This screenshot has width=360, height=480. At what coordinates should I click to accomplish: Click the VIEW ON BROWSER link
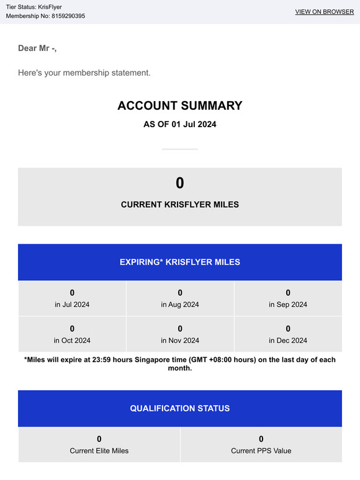(325, 12)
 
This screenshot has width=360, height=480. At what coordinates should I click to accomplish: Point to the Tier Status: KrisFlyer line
(34, 7)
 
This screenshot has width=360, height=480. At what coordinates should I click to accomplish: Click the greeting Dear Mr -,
(37, 48)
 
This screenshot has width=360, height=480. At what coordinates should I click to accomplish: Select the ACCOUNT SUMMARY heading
(180, 106)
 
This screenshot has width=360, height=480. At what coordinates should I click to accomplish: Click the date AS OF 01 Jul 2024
(180, 124)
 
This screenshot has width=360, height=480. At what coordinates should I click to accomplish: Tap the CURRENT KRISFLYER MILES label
(180, 205)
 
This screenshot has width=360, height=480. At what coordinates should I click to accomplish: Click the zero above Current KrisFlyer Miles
(180, 183)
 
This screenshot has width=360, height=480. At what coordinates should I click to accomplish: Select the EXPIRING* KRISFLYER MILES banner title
(180, 262)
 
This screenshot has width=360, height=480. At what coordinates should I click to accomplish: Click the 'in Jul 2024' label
(72, 304)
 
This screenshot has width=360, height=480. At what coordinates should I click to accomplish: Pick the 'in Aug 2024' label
(180, 304)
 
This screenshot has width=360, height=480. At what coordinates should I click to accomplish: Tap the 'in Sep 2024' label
(288, 304)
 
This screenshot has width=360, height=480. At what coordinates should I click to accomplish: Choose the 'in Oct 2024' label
(72, 340)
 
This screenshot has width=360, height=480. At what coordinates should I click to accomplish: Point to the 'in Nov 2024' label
(180, 340)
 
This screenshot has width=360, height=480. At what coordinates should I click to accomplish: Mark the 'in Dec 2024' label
(288, 340)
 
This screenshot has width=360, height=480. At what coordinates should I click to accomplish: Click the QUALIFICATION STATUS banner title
(180, 409)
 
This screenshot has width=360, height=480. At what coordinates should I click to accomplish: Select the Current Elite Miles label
(99, 451)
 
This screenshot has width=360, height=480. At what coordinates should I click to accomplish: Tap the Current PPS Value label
(261, 451)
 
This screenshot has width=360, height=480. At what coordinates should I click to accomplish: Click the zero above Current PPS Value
(261, 439)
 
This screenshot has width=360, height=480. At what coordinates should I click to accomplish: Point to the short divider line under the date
(180, 149)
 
